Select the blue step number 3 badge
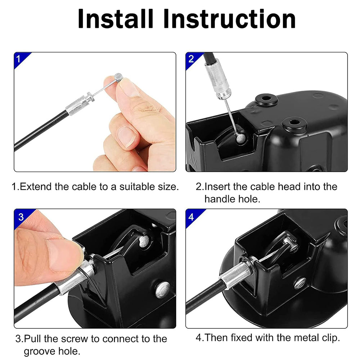pos(21,217)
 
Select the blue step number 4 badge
pos(191,217)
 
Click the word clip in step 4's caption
pos(329,338)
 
